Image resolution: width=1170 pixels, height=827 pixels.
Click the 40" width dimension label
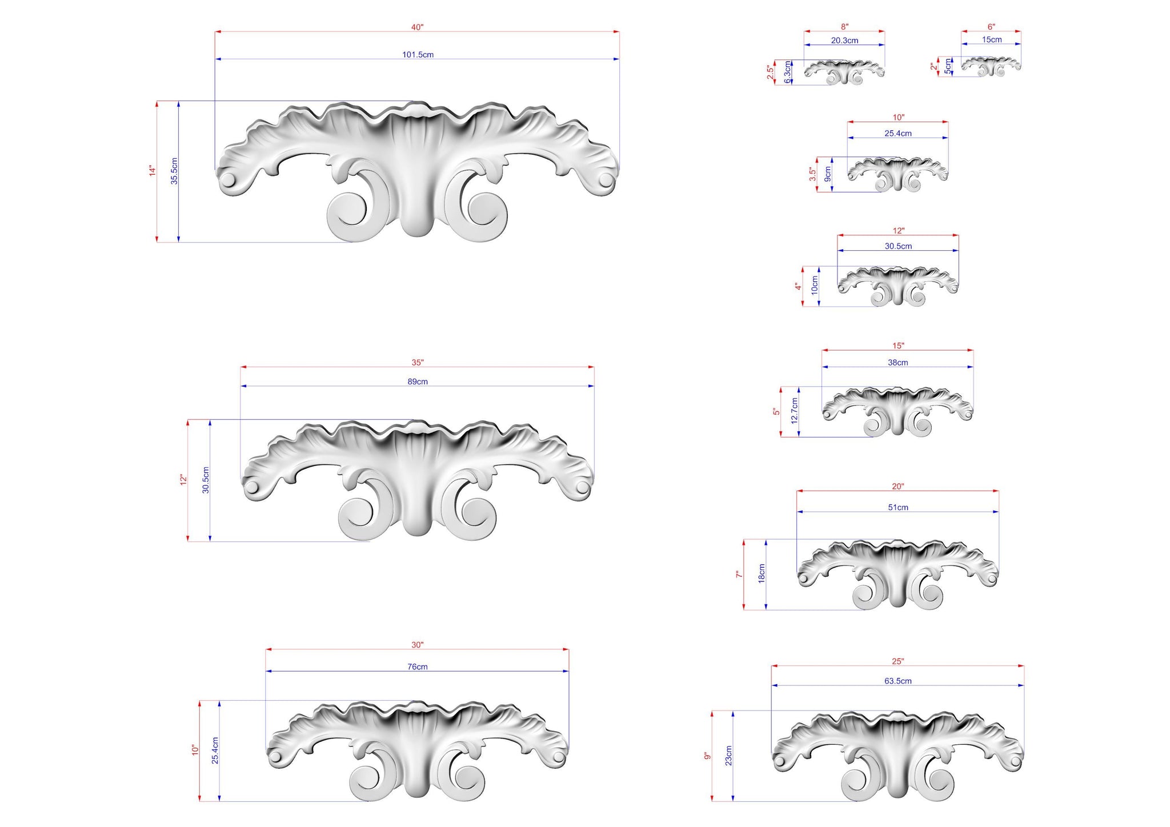coord(417,27)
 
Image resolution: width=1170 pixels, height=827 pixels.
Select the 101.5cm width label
coord(418,55)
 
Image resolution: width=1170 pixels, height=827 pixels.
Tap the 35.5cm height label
coord(174,171)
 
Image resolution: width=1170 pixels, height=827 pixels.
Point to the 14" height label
coord(153,170)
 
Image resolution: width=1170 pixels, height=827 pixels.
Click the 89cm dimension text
coord(418,382)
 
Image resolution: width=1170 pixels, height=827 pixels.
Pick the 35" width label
coord(418,363)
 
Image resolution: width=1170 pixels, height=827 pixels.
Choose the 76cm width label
coord(418,667)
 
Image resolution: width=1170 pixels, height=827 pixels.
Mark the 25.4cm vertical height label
coord(215,750)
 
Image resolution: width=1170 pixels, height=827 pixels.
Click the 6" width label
coord(991,27)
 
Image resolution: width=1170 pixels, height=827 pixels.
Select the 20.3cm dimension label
coord(844,41)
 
